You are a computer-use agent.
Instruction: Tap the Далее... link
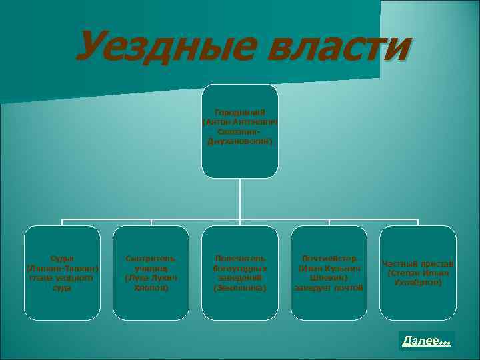pos(426,341)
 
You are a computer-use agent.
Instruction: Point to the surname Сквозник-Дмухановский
pos(240,137)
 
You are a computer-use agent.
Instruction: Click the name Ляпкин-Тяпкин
pos(61,269)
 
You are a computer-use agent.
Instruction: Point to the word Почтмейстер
pos(329,258)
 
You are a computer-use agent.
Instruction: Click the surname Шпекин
pos(329,278)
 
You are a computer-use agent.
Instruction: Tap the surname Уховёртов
pos(417,283)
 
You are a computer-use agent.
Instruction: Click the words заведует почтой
pos(329,288)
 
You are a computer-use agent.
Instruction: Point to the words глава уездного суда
pos(61,283)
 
